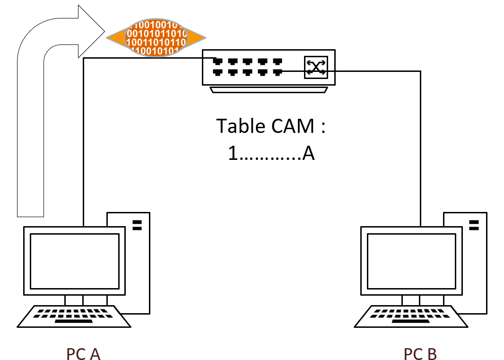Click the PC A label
(83, 354)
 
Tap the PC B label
(420, 354)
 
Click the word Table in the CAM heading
(240, 126)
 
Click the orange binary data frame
(156, 35)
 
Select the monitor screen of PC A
(75, 261)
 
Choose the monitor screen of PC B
(412, 261)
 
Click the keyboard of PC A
(74, 316)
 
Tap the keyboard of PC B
(411, 316)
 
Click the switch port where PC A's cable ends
(218, 61)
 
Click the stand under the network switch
(269, 90)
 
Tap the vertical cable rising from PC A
(83, 142)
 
